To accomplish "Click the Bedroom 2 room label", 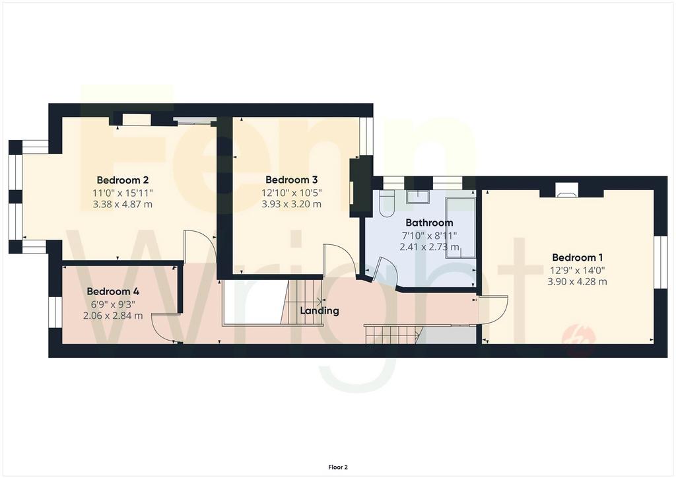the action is [x=122, y=180].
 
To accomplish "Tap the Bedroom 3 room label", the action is [x=291, y=180].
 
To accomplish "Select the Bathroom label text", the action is [x=429, y=223].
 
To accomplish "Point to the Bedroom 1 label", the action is [x=577, y=257].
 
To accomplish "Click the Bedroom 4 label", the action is [x=113, y=291].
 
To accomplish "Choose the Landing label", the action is [x=320, y=311].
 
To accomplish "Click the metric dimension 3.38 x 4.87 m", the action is [x=122, y=204].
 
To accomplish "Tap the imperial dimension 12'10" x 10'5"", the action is [x=291, y=192].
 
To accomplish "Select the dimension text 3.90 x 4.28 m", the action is [x=577, y=282].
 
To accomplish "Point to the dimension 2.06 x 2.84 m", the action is [x=113, y=316].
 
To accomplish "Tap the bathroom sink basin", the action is [x=417, y=197].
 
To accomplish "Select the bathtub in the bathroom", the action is [x=460, y=228].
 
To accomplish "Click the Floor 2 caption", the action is [x=338, y=467].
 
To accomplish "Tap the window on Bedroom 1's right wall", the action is [x=659, y=262].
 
